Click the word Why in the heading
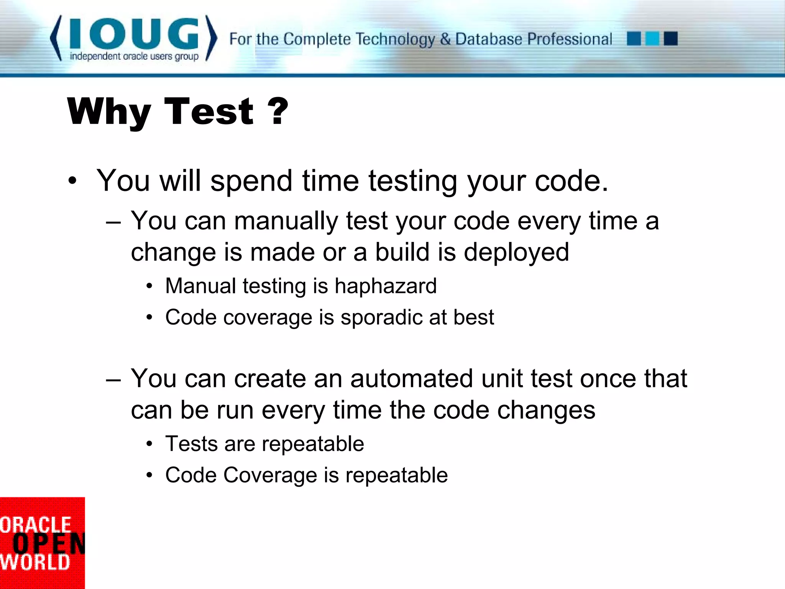click(x=109, y=112)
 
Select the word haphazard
click(x=386, y=286)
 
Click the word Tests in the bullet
click(x=191, y=444)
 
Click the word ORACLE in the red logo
click(x=36, y=525)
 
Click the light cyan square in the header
click(x=652, y=39)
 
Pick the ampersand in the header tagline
click(x=445, y=39)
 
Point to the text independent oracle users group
click(x=134, y=57)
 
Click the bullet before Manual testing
click(x=149, y=286)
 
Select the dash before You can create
click(x=113, y=380)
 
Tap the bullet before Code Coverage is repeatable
click(x=149, y=475)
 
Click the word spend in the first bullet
click(x=252, y=181)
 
